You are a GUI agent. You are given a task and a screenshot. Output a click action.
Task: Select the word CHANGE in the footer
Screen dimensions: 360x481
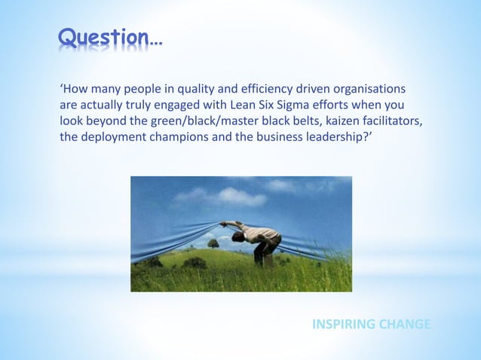(x=406, y=324)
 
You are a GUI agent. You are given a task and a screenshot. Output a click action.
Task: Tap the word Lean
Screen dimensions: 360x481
(x=252, y=105)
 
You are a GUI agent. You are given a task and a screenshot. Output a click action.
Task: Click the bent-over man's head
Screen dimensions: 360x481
(x=237, y=236)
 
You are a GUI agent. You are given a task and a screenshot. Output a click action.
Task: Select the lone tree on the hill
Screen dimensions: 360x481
(x=213, y=243)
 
